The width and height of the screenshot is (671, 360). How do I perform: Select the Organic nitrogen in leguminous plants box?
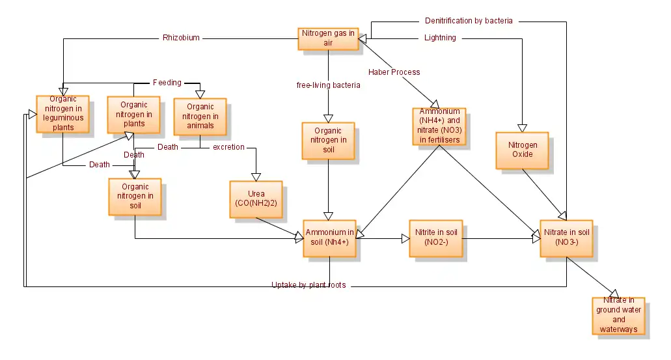coord(63,113)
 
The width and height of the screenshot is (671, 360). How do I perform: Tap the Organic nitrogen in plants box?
coord(134,115)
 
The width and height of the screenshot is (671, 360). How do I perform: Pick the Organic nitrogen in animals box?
coord(200,117)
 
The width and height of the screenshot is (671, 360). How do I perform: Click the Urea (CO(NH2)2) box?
coord(256,199)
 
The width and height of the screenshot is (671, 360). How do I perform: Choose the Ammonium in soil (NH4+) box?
coord(330,238)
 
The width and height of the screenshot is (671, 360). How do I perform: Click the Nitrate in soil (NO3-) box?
coord(566,238)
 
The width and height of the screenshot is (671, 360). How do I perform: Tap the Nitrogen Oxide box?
coord(522,150)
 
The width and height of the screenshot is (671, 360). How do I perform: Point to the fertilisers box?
coord(439,126)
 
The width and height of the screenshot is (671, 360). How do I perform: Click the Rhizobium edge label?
coord(181,38)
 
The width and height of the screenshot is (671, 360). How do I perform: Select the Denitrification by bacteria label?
coord(469,21)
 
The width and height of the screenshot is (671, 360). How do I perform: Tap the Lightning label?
coord(440,38)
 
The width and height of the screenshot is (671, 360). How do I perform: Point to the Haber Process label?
coord(394,72)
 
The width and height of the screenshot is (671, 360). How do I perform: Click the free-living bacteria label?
coord(328,85)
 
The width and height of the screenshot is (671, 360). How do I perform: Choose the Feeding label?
coord(167,83)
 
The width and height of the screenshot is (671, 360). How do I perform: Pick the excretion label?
coord(228,147)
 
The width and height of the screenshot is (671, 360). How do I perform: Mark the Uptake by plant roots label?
coord(308,285)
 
